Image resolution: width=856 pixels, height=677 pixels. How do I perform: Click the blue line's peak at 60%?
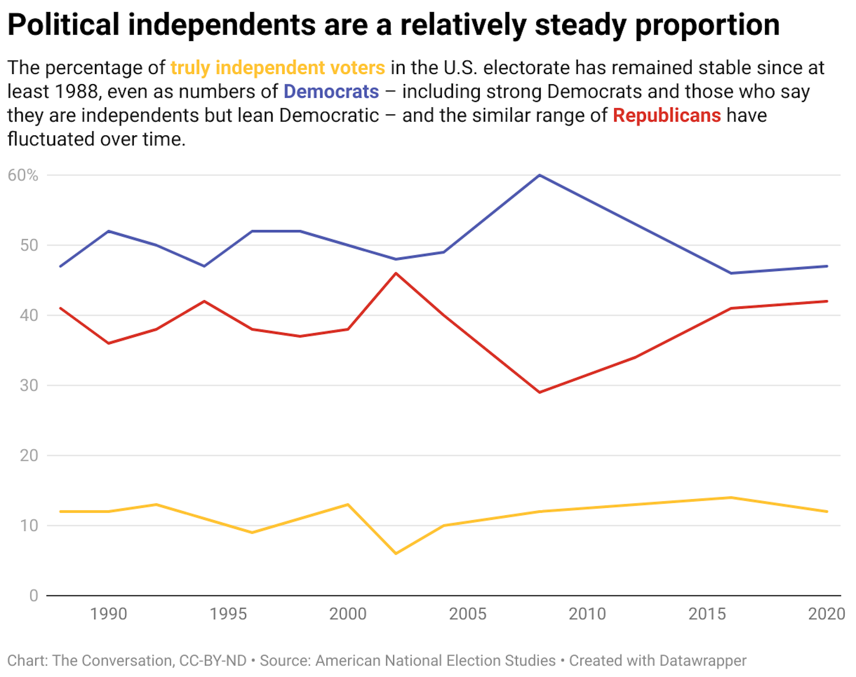point(539,175)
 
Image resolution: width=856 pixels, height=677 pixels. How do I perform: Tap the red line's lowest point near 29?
point(539,392)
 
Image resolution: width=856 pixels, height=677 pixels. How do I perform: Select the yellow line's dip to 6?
point(396,554)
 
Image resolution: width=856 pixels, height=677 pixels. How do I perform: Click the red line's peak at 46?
point(396,273)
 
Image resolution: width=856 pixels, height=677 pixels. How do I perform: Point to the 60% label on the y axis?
point(23,175)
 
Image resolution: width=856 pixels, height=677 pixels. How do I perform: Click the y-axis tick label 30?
point(29,385)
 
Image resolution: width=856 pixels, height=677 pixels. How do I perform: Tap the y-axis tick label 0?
point(33,595)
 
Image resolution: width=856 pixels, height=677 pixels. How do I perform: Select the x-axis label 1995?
point(228,614)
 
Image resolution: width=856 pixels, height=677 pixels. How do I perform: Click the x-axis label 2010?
point(587,614)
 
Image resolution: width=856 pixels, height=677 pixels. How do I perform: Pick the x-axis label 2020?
point(826,614)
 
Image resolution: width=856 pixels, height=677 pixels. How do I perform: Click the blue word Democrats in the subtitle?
point(331,91)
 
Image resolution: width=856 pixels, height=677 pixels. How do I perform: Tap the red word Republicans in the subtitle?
point(667,115)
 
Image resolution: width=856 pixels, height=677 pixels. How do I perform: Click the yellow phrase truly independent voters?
point(278,68)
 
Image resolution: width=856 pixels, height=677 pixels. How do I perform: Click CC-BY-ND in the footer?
point(213,660)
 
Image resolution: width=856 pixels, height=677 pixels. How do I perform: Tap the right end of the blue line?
point(827,266)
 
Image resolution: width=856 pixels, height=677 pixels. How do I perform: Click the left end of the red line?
point(61,308)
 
